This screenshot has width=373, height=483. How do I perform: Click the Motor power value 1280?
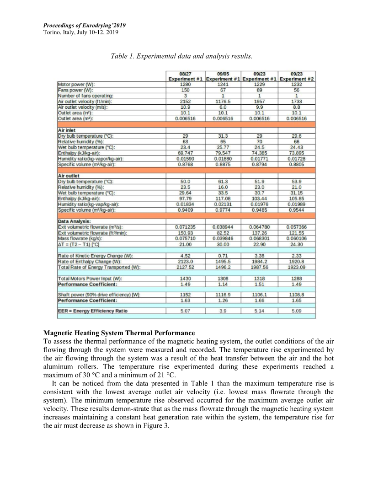point(186,85)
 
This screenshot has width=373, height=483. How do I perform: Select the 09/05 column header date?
point(223,74)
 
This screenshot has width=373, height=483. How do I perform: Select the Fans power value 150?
point(186,90)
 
